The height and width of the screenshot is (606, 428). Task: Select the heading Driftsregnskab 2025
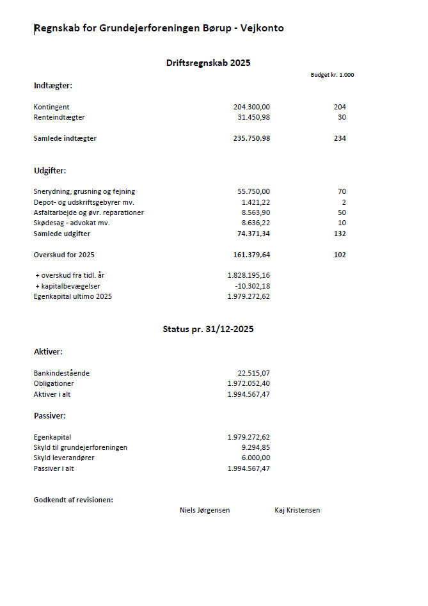208,63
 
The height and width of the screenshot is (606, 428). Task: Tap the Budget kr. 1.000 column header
332,75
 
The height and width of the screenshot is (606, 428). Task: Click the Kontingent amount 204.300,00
251,107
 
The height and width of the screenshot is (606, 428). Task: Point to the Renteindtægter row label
59,117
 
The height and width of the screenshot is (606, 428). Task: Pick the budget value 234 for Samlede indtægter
340,138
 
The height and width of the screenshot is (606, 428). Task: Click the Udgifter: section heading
50,171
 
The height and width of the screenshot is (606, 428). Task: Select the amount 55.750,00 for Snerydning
253,191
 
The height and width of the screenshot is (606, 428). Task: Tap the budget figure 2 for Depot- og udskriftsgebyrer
344,202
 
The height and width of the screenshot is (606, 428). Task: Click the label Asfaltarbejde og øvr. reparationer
88,212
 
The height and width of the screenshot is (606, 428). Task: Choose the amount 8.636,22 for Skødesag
255,223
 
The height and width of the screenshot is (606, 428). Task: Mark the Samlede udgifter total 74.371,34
253,234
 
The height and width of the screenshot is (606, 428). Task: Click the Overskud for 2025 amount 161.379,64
251,255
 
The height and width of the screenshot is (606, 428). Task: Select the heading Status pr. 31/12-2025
208,329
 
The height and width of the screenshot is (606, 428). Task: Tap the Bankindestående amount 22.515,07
253,373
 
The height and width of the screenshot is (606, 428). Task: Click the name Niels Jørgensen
205,510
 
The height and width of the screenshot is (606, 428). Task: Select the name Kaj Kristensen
297,510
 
